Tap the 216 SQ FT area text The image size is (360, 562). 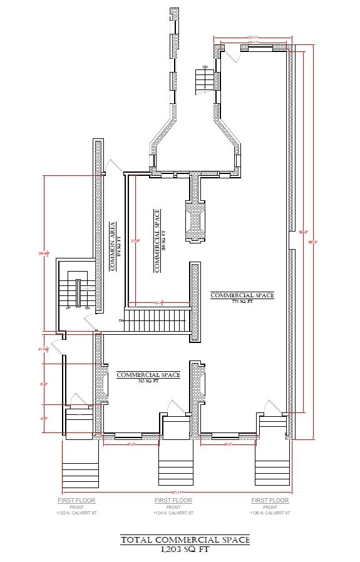click(x=162, y=240)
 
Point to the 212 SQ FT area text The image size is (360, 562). click(x=148, y=381)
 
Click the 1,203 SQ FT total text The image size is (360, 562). click(x=185, y=549)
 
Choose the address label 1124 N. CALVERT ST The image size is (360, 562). click(x=173, y=513)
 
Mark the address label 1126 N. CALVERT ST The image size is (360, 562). click(x=269, y=513)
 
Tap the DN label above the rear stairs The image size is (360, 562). click(x=205, y=66)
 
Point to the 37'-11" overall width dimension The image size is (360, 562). click(x=176, y=493)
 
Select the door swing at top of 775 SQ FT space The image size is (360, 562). click(x=233, y=54)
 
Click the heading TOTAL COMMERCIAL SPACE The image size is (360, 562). click(x=185, y=539)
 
